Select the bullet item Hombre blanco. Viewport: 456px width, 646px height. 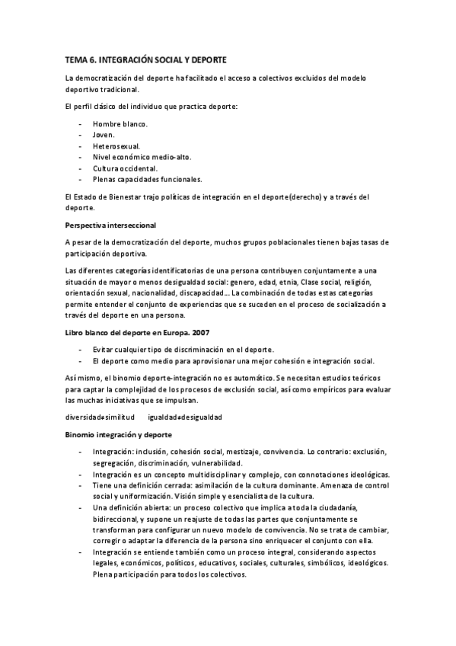(x=120, y=123)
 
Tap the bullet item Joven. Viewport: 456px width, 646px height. (x=104, y=135)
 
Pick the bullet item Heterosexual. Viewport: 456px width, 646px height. (x=116, y=146)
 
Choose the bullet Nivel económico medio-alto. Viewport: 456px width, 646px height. (x=142, y=158)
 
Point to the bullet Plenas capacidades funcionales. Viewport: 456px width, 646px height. (x=147, y=180)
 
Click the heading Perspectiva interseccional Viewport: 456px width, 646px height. (x=111, y=225)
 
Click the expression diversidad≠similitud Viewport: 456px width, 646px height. (x=100, y=417)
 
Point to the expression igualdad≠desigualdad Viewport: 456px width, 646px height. (x=185, y=417)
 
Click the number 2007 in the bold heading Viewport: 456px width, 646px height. (x=199, y=332)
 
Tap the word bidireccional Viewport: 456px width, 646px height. (x=116, y=518)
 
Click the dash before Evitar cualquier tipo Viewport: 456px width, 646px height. (x=81, y=349)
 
